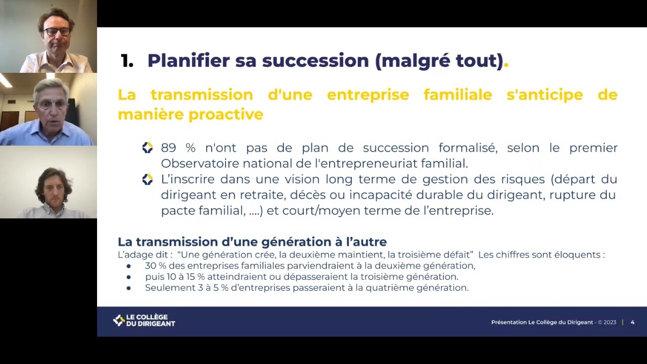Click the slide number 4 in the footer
(632, 322)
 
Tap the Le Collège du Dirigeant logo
(144, 321)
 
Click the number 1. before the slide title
(127, 61)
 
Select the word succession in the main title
(315, 61)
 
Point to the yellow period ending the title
(506, 64)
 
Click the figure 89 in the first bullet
(168, 148)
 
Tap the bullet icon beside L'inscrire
(147, 179)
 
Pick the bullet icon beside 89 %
(147, 148)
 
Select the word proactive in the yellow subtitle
(226, 114)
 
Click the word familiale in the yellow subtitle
(457, 95)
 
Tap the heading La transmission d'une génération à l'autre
(252, 242)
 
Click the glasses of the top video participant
(57, 31)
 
